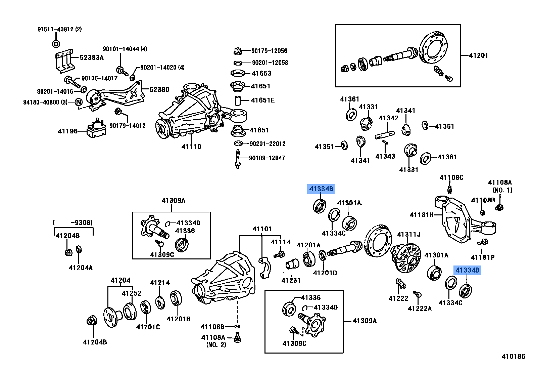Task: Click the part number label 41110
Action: click(x=191, y=147)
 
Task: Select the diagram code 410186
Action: click(x=513, y=356)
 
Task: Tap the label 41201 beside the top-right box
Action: click(x=478, y=55)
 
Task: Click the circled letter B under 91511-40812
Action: click(x=56, y=44)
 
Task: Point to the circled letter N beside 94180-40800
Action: click(x=79, y=102)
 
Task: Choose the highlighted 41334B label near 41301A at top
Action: click(x=321, y=189)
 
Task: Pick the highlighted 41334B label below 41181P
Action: click(x=467, y=270)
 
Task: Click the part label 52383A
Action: click(x=92, y=57)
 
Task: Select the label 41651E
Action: click(x=262, y=100)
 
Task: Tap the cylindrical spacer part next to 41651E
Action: click(x=238, y=100)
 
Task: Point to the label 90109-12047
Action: click(x=267, y=158)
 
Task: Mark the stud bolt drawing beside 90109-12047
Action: click(x=238, y=159)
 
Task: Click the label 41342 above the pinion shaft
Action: click(x=388, y=118)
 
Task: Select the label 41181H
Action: click(x=422, y=215)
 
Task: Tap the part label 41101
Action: click(x=262, y=229)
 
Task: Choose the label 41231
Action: click(x=291, y=280)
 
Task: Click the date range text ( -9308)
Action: click(x=73, y=222)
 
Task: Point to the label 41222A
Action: click(x=420, y=308)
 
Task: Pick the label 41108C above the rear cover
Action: click(x=451, y=177)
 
